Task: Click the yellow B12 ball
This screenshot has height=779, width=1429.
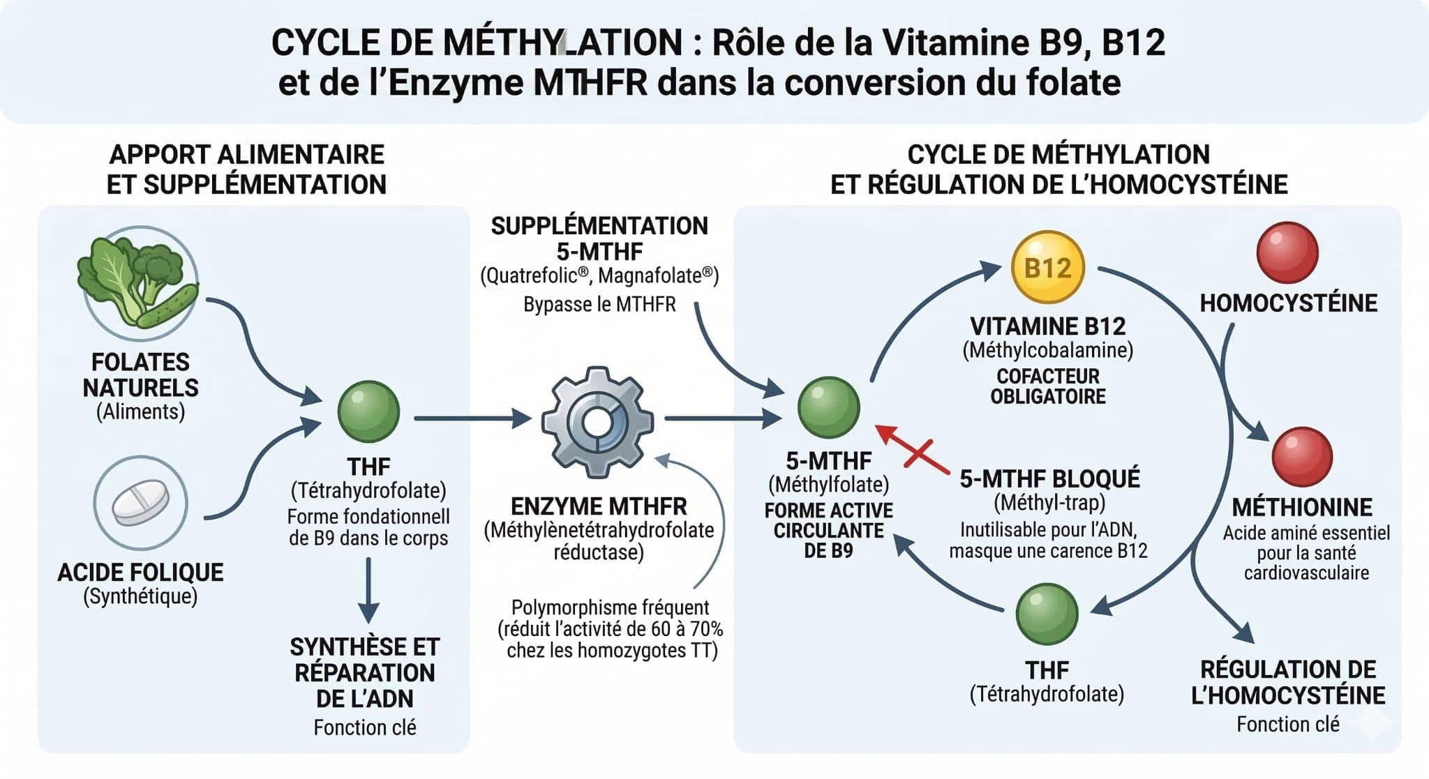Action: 1047,268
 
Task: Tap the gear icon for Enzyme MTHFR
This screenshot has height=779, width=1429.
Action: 597,422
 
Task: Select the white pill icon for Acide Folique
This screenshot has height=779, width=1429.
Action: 141,503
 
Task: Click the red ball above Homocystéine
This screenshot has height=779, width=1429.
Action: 1287,252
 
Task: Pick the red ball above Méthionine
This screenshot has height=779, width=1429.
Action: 1302,457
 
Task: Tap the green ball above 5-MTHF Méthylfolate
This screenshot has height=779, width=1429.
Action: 828,407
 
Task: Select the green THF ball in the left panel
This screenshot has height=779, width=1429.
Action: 368,411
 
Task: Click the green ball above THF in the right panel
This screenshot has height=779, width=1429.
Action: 1047,614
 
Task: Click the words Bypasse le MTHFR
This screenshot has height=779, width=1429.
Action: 599,305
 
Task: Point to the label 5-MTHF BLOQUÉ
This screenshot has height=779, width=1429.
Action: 1049,479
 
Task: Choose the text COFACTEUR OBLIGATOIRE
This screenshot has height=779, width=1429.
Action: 1048,386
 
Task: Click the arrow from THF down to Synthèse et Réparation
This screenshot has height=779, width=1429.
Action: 368,589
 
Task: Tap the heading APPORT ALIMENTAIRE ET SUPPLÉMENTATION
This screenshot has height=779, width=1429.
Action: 246,169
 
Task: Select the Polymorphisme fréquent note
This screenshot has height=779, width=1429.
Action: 611,628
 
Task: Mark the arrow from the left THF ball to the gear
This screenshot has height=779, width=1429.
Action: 472,418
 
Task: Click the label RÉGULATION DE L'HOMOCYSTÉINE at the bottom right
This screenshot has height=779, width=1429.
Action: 1288,682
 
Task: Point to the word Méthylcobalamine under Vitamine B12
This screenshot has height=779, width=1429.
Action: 1047,350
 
